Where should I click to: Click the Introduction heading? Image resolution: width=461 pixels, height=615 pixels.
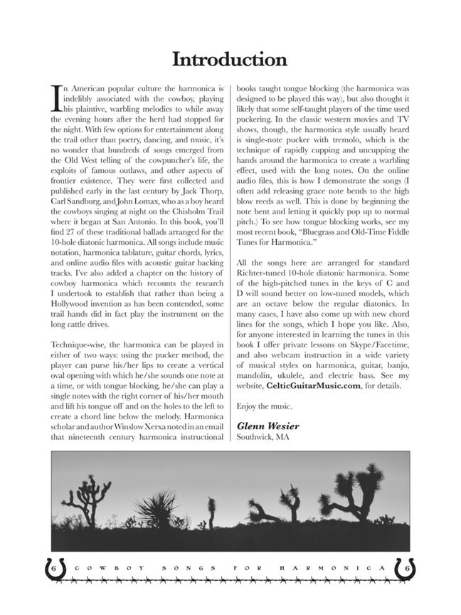(230, 58)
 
